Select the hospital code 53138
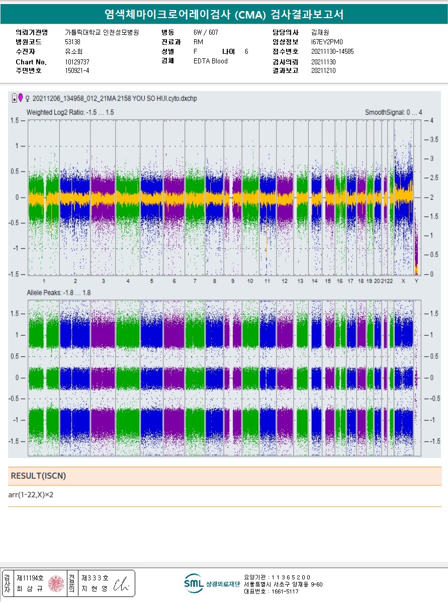(73, 42)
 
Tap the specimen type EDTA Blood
(210, 61)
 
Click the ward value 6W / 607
(206, 32)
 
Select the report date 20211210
(323, 71)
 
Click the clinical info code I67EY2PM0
(327, 42)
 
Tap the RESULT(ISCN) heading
(38, 476)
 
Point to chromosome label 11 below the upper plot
(267, 281)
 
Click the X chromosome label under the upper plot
(403, 281)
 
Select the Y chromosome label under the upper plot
(416, 281)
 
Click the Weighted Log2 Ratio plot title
(70, 112)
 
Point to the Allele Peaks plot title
(58, 292)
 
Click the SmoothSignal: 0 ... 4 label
(393, 112)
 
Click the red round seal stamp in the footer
(56, 584)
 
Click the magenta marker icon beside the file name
(21, 97)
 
